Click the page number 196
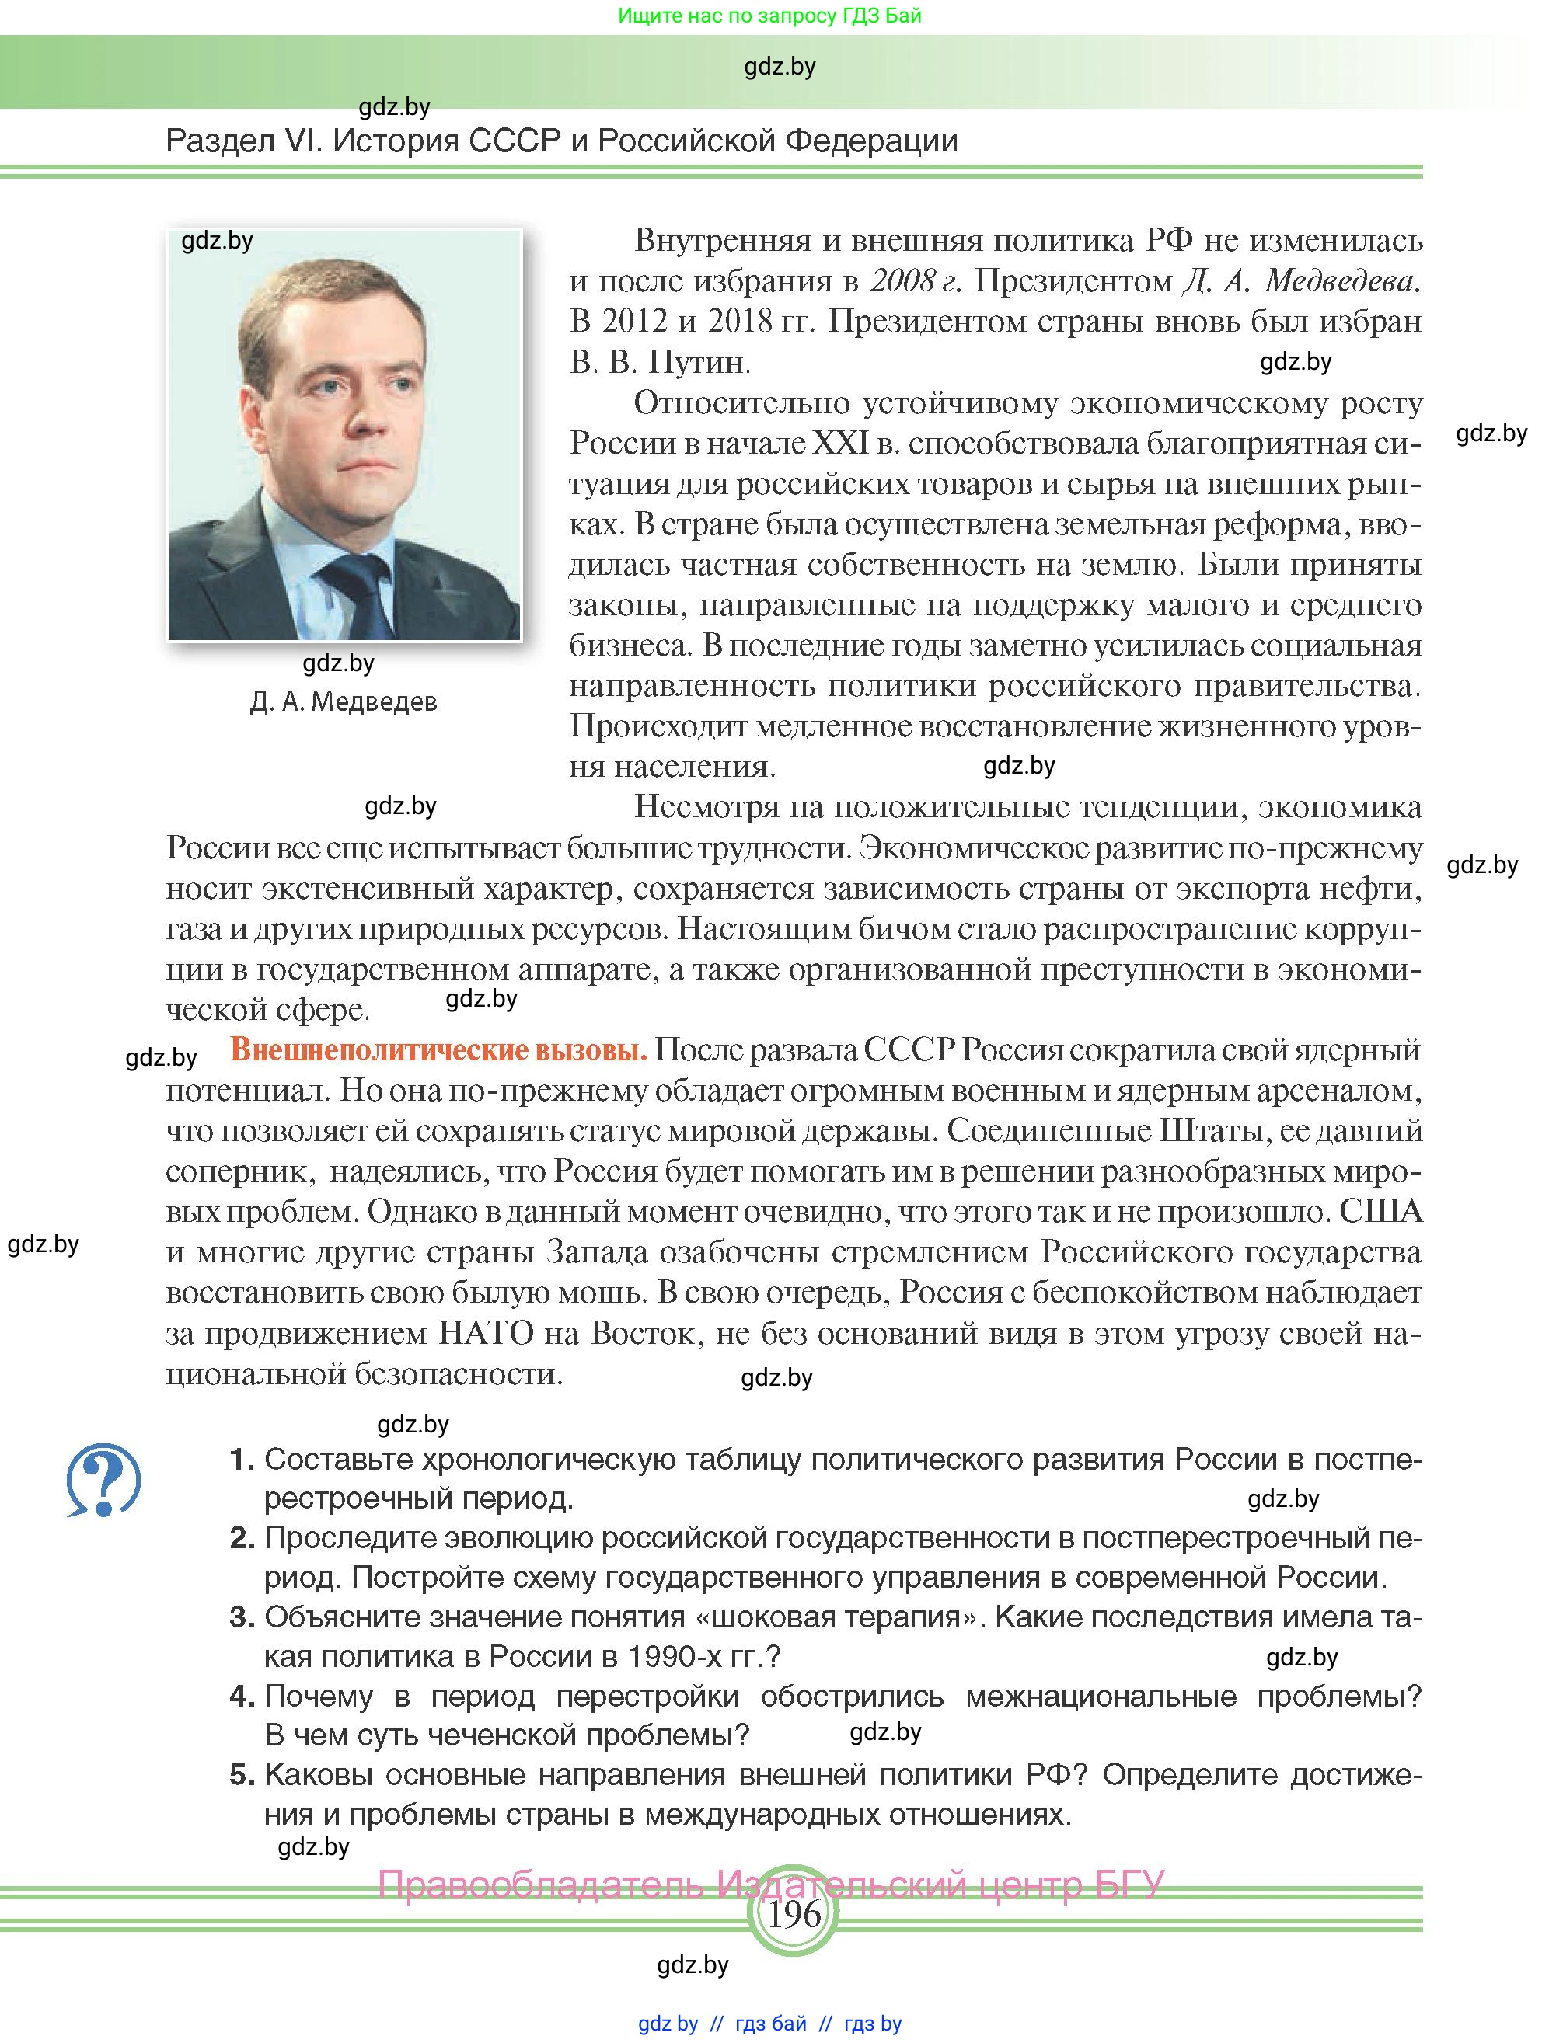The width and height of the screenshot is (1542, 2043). pyautogui.click(x=794, y=1915)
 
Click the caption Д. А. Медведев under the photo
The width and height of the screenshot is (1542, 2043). pyautogui.click(x=344, y=702)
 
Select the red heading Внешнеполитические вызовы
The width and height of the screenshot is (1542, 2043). pyautogui.click(x=438, y=1050)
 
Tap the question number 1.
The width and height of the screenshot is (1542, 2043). pyautogui.click(x=242, y=1460)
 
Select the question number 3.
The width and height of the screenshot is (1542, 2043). pyautogui.click(x=242, y=1617)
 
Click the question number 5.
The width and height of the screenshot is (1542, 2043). pyautogui.click(x=242, y=1774)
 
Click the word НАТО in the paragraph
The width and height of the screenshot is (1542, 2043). pyautogui.click(x=486, y=1333)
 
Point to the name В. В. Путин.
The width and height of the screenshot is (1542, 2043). pyautogui.click(x=660, y=362)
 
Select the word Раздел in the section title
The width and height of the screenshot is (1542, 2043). pyautogui.click(x=220, y=141)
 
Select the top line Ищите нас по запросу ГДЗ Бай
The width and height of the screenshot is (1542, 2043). pyautogui.click(x=769, y=16)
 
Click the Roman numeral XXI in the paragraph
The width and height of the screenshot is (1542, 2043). pyautogui.click(x=840, y=444)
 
